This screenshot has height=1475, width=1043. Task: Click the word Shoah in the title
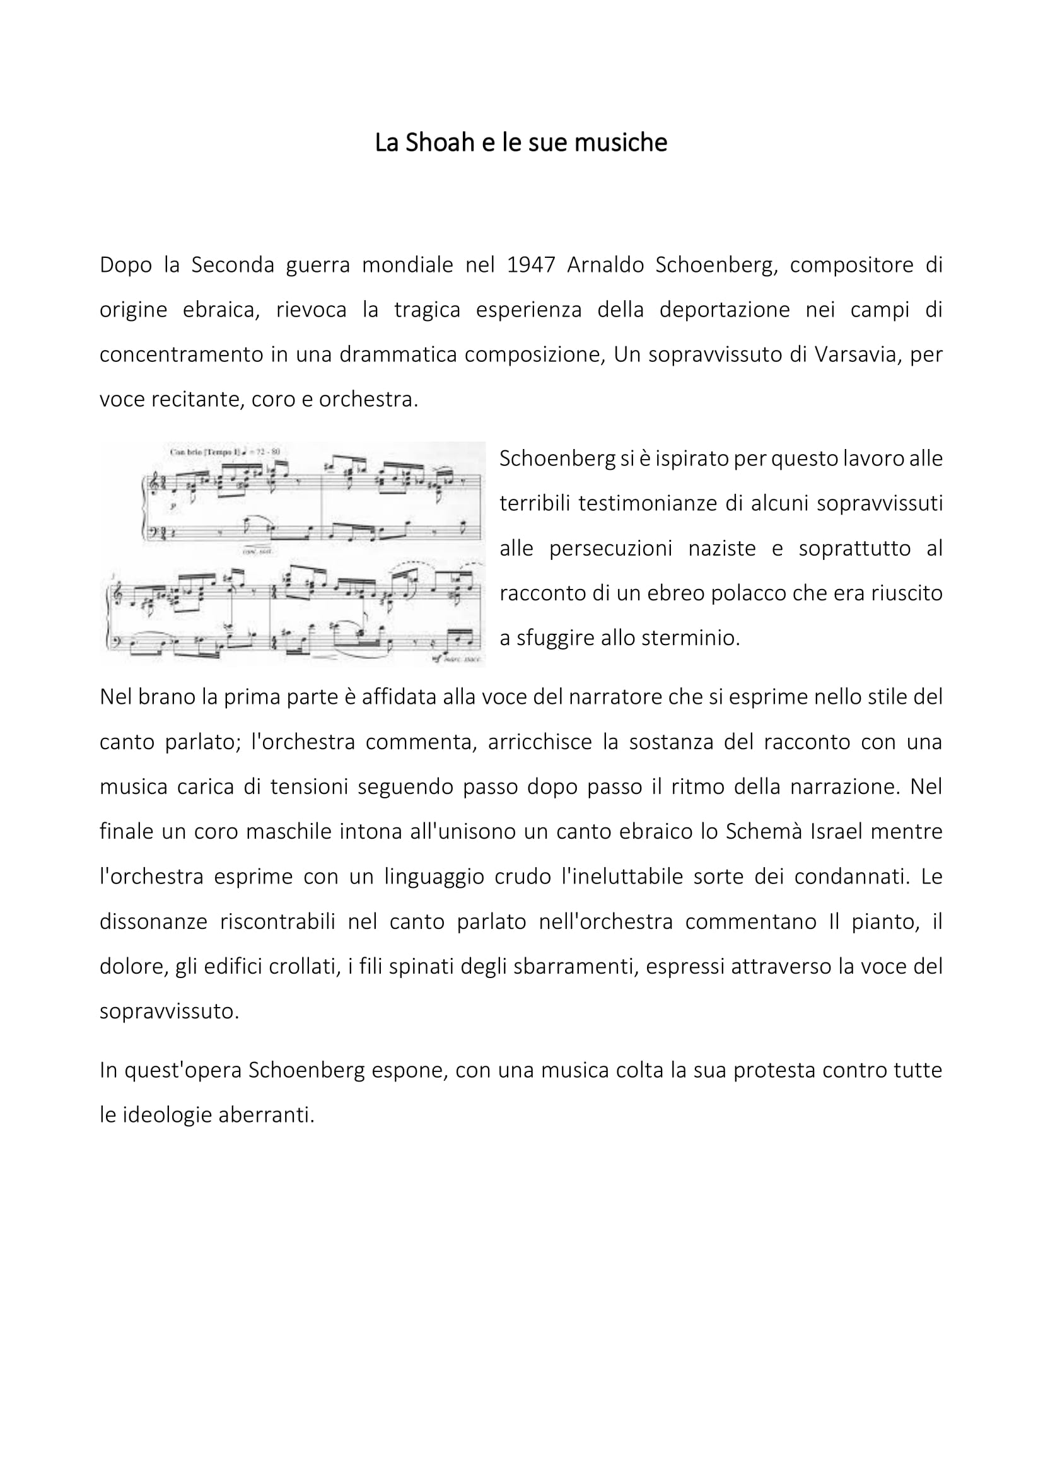441,143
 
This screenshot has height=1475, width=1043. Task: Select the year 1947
530,265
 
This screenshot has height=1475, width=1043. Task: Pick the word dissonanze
153,922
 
